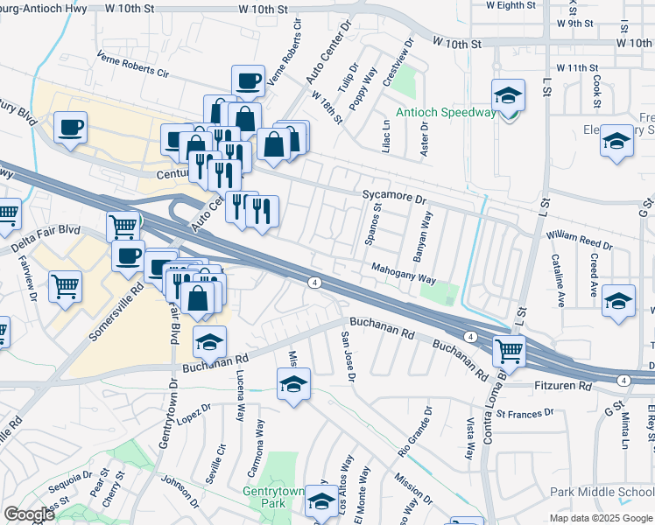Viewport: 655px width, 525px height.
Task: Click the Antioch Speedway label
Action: (445, 112)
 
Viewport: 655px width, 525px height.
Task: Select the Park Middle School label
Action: (602, 493)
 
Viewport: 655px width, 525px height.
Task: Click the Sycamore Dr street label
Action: (394, 199)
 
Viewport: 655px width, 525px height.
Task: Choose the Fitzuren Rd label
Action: (560, 386)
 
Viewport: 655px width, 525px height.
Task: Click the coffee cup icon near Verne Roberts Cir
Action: (248, 80)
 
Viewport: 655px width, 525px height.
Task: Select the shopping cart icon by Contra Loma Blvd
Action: (508, 352)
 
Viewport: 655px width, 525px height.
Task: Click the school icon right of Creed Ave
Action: (619, 300)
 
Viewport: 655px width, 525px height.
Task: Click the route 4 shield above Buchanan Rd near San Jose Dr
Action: (313, 282)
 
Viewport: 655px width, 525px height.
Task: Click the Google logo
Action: (29, 514)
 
